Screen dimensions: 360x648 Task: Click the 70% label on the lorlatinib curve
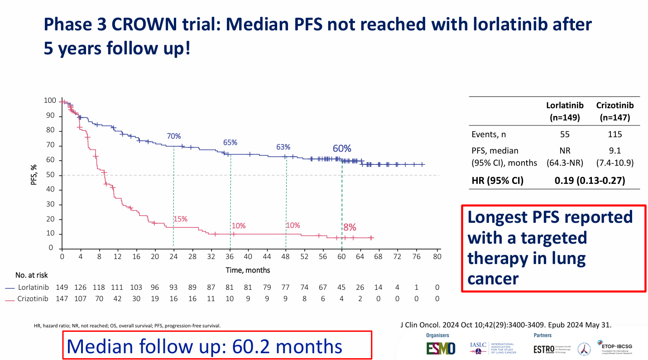tap(173, 136)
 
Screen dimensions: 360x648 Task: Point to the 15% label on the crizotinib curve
tap(180, 219)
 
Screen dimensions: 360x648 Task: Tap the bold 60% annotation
tap(342, 149)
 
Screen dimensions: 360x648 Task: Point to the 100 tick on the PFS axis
tap(50, 101)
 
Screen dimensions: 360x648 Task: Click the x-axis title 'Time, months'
tap(248, 270)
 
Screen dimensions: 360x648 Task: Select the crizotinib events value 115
tap(614, 134)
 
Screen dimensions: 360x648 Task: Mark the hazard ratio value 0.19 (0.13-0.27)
tap(589, 181)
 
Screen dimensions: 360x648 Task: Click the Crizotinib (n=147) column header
tap(614, 111)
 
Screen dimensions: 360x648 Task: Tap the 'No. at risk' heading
tap(31, 275)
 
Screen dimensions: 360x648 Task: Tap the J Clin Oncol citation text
tap(506, 325)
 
